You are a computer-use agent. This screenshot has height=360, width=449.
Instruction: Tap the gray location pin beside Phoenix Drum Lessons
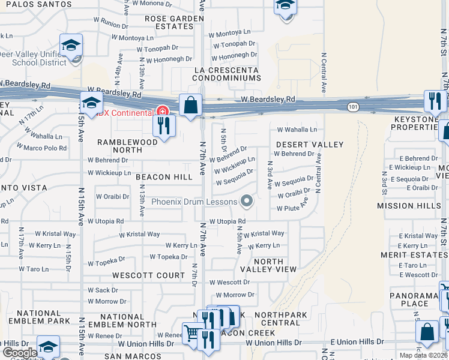(x=246, y=201)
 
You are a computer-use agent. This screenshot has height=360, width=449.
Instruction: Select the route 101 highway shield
(x=352, y=106)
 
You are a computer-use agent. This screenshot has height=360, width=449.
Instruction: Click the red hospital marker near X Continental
(x=161, y=110)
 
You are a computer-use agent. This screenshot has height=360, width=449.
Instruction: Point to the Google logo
(x=19, y=352)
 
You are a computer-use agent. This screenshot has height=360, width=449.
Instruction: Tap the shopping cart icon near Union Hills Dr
(x=192, y=332)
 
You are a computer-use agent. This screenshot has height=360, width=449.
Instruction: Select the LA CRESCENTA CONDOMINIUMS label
(x=226, y=74)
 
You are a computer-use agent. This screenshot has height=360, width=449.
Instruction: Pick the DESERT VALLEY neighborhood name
(x=310, y=145)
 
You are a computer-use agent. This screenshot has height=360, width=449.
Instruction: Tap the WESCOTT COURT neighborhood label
(x=148, y=275)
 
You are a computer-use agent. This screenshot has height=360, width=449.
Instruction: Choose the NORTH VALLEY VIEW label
(x=268, y=266)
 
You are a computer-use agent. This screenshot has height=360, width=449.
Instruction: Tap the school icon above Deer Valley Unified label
(x=71, y=45)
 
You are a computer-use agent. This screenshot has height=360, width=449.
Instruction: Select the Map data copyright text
(x=424, y=355)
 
